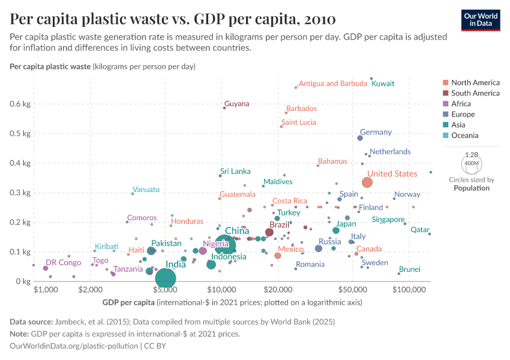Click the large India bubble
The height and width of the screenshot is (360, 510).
166,278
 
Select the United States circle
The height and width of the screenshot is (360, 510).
367,182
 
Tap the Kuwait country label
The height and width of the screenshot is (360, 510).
383,83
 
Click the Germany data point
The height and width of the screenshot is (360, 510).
360,138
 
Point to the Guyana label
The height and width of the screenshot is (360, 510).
236,104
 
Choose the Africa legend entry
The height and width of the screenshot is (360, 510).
461,104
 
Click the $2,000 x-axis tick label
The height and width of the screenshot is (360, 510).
88,289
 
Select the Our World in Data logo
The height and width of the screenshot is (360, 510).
481,20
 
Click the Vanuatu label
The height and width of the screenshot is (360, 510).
146,190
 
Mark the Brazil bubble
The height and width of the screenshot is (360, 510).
269,232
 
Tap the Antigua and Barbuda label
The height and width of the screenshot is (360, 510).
332,83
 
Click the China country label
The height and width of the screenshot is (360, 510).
237,231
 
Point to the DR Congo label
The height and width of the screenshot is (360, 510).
63,263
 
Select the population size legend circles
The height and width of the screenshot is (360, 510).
472,163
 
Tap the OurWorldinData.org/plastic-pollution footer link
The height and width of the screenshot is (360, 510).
74,346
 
